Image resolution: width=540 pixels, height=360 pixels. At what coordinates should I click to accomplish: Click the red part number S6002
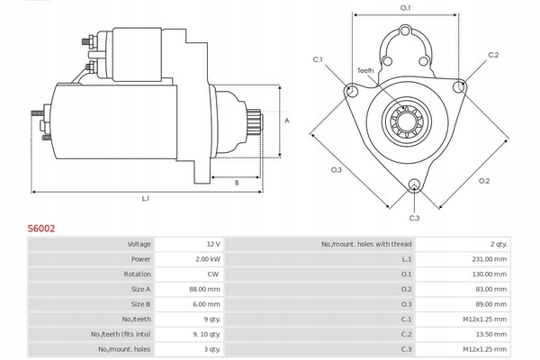[x=41, y=229]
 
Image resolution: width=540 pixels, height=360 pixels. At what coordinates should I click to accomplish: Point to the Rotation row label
[x=137, y=274]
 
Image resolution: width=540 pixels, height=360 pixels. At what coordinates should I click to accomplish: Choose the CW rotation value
[x=212, y=274]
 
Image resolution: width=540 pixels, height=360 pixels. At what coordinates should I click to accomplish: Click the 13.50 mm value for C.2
[x=491, y=334]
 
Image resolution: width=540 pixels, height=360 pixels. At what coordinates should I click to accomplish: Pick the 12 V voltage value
[x=213, y=244]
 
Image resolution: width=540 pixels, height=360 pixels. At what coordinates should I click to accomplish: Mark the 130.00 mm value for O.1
[x=489, y=274]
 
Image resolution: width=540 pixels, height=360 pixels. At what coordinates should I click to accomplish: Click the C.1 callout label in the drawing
[x=318, y=59]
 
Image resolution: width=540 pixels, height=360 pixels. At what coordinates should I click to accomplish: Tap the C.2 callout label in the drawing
[x=493, y=55]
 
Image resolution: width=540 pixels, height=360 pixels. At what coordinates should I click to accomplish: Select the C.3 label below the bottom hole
[x=414, y=218]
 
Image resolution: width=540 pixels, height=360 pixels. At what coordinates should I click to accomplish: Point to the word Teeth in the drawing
[x=365, y=70]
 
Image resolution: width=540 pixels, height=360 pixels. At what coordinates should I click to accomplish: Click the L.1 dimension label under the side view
[x=146, y=198]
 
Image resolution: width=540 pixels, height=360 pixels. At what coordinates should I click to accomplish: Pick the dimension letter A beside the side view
[x=287, y=121]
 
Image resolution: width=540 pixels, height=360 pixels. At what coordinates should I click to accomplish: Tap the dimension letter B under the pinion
[x=237, y=183]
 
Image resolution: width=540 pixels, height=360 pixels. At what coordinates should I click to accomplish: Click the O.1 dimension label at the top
[x=406, y=7]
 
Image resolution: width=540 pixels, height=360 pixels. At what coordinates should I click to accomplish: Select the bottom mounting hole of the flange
[x=414, y=184]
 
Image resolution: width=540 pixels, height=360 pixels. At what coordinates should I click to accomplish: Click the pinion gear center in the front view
[x=407, y=121]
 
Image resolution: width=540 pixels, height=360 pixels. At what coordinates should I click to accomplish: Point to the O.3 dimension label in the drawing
[x=336, y=170]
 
